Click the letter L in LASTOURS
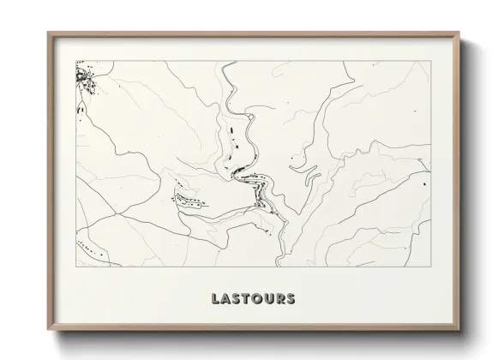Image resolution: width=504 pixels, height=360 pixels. point(214,299)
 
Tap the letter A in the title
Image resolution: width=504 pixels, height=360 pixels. point(225,299)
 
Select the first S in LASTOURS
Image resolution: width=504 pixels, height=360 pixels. point(237,299)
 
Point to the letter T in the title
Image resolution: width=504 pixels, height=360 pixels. point(247,299)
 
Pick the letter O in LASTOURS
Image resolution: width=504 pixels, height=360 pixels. point(258,299)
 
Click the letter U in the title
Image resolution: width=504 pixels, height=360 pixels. point(270,299)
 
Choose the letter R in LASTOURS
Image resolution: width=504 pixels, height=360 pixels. point(281,299)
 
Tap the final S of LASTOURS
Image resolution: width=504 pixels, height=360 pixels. point(291,299)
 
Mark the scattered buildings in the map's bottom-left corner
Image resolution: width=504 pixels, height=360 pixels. point(88,249)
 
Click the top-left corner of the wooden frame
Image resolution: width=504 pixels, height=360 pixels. point(48,33)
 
